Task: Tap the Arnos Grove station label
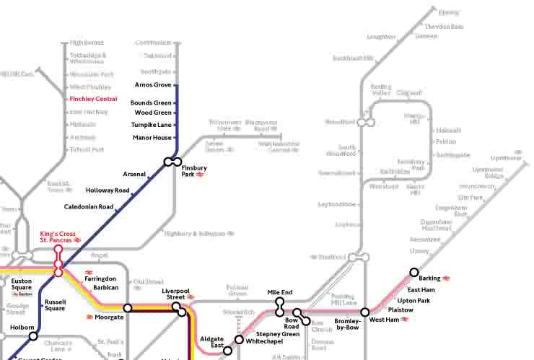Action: pos(153,85)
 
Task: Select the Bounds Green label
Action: pos(151,103)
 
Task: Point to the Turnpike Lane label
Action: pos(151,125)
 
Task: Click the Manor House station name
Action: pos(152,138)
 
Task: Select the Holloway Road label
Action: pos(108,190)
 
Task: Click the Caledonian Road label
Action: pos(89,207)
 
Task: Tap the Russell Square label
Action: pos(55,306)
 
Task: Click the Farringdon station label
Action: pos(100,278)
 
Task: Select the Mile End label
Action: pos(280,292)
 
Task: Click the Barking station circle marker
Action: pos(414,273)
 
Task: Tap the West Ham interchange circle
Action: pos(365,312)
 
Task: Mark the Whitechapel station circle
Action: pos(239,339)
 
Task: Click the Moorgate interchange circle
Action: pos(128,308)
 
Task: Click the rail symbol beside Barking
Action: pos(447,278)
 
